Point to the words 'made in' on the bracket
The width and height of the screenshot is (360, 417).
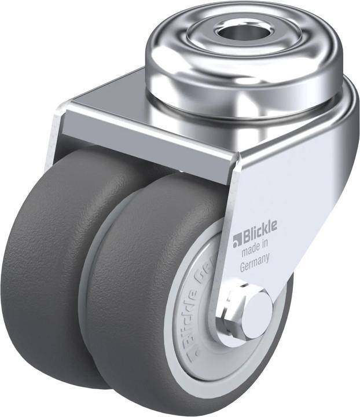pos(255,251)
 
